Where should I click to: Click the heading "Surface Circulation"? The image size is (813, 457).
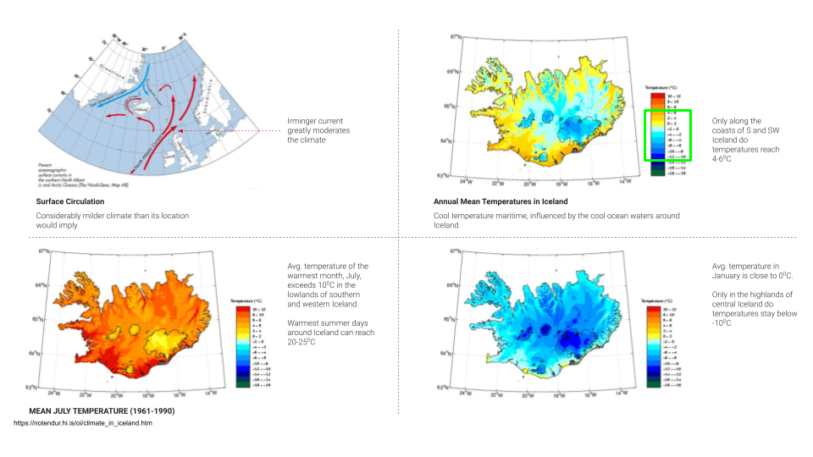(x=70, y=201)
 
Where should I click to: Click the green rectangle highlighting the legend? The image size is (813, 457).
(x=668, y=135)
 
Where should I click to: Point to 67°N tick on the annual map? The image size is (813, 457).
(x=455, y=37)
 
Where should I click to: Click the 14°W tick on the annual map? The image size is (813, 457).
(x=628, y=181)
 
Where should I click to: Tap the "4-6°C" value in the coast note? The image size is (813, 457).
(x=722, y=158)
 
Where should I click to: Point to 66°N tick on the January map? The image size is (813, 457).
(x=455, y=285)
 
